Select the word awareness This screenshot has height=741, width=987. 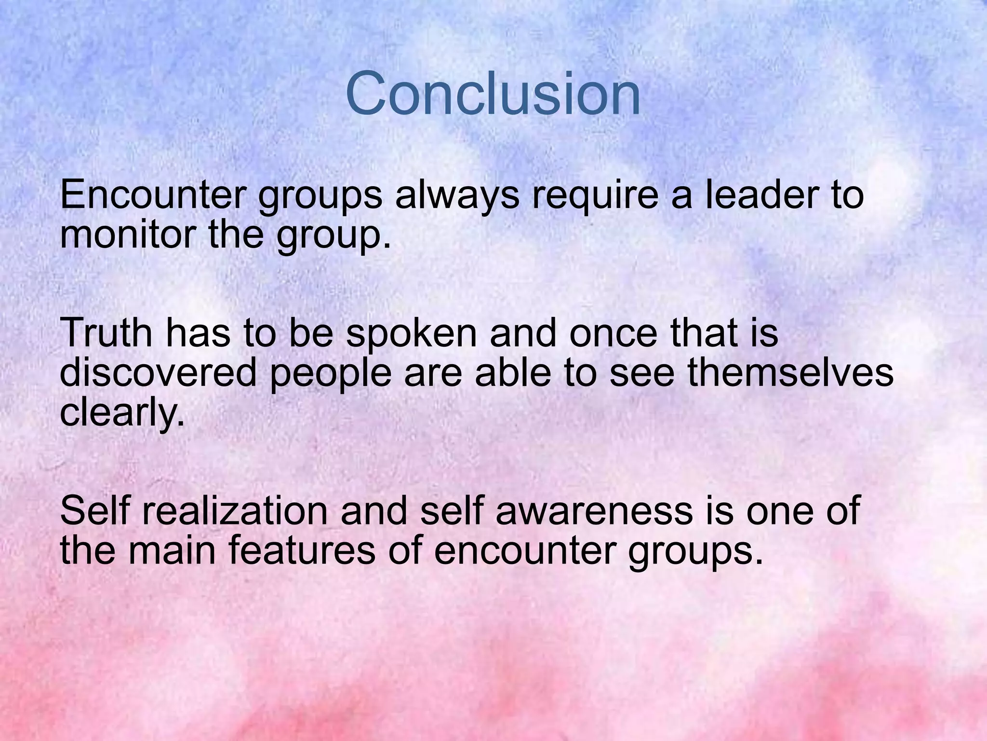click(x=594, y=512)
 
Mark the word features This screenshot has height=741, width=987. click(x=302, y=551)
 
